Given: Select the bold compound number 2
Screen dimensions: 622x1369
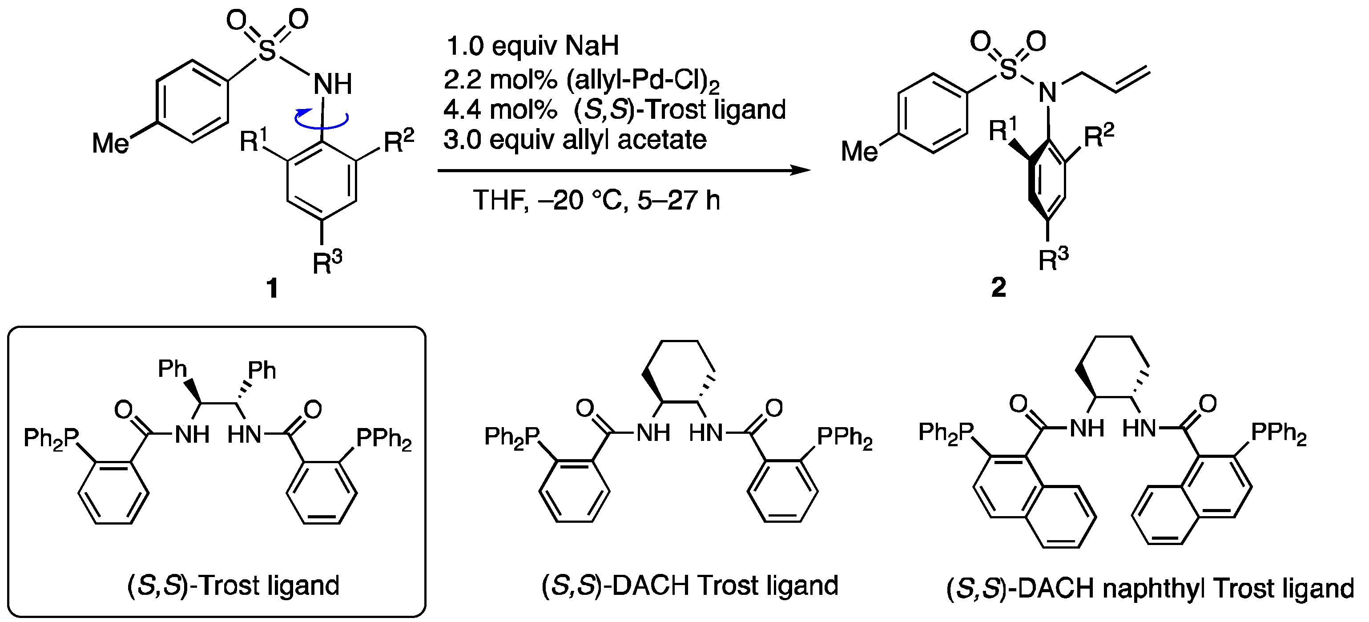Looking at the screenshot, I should [x=999, y=287].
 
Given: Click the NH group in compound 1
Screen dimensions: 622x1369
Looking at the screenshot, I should [x=333, y=84].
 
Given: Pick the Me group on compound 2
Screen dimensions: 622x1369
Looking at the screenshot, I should [x=859, y=152].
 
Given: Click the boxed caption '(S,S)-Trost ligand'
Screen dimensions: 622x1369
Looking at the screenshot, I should [x=234, y=586].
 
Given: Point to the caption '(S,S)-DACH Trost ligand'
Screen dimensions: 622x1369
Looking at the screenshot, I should [x=689, y=586].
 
